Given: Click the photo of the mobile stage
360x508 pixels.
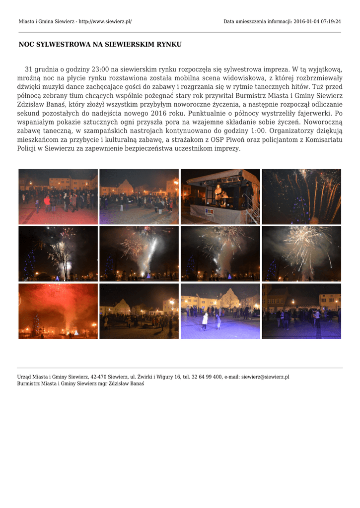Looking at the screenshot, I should [220, 196].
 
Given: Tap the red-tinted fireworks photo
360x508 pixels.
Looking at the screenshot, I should [58, 311].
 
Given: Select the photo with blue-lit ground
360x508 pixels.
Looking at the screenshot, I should [220, 311].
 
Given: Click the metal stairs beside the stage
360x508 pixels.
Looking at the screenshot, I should [253, 208].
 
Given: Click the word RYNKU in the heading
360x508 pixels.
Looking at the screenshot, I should [169, 45].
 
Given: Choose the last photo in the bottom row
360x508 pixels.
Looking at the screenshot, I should [301, 311].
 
